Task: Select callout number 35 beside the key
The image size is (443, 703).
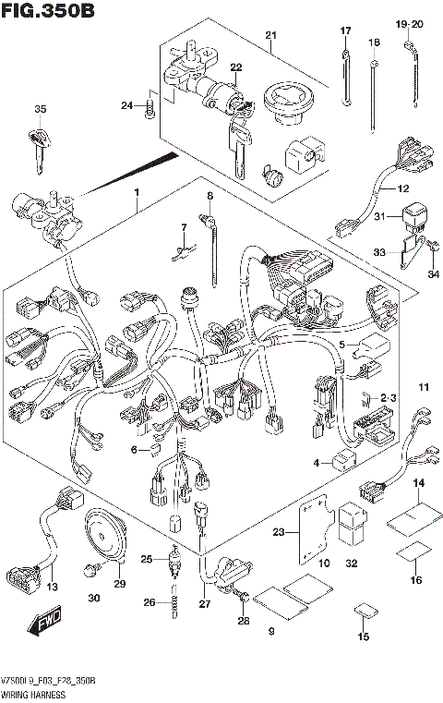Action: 39,110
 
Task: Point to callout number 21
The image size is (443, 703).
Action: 270,36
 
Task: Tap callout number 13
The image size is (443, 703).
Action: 52,587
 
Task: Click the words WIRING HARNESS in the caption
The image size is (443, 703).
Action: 34,693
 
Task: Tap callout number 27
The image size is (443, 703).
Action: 204,604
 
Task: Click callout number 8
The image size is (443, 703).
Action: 210,196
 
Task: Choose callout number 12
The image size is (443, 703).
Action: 402,188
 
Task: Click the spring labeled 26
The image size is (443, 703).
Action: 173,603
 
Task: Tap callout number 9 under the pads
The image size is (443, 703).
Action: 271,632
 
